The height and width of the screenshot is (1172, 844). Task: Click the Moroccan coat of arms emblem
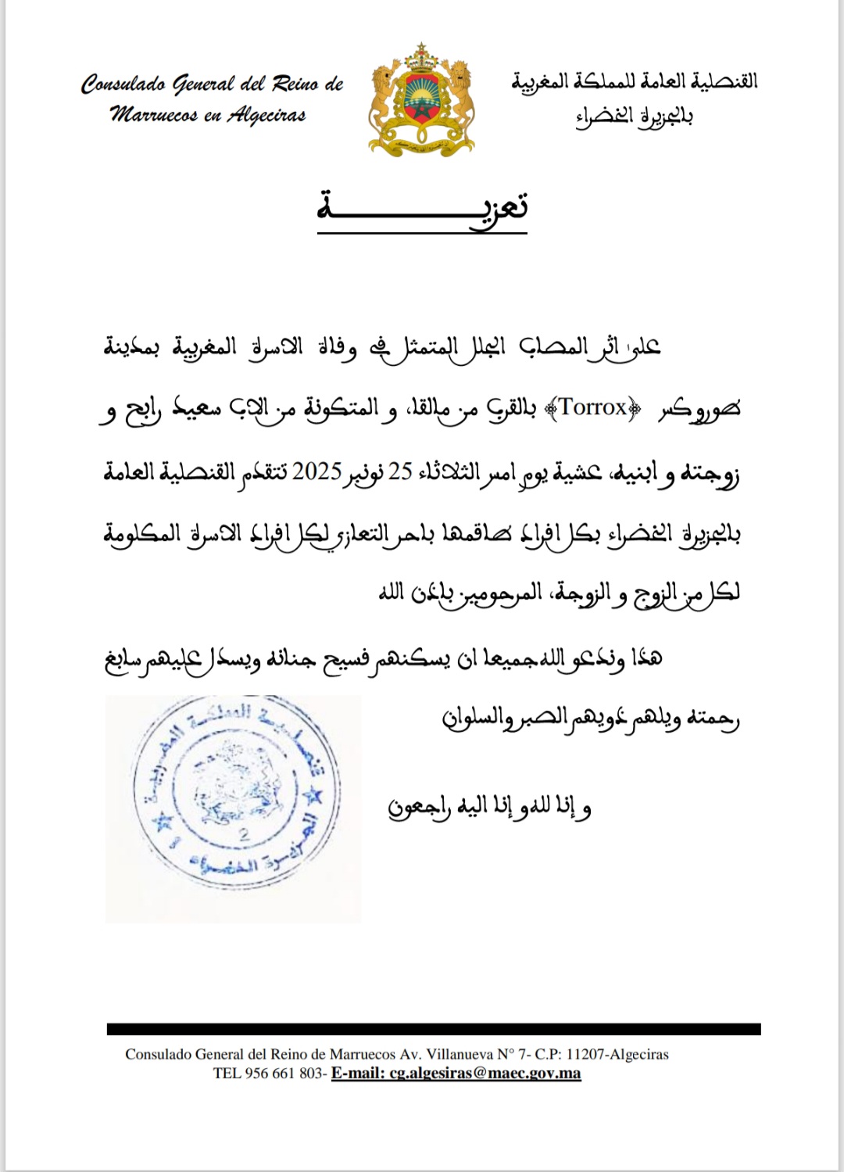pyautogui.click(x=421, y=101)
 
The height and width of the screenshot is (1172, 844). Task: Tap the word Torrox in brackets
pyautogui.click(x=593, y=407)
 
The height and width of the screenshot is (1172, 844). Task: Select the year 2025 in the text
pyautogui.click(x=317, y=471)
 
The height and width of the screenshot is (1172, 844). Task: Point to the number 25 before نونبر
pyautogui.click(x=400, y=471)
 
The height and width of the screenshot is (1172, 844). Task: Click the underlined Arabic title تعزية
pyautogui.click(x=422, y=208)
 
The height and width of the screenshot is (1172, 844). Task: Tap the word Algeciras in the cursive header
pyautogui.click(x=266, y=116)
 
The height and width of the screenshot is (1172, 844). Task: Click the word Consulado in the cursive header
pyautogui.click(x=123, y=84)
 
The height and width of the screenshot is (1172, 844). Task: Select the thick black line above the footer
pyautogui.click(x=434, y=1029)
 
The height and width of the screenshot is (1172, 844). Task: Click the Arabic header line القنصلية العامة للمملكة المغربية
pyautogui.click(x=635, y=81)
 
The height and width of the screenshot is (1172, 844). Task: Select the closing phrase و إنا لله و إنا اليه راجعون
pyautogui.click(x=490, y=807)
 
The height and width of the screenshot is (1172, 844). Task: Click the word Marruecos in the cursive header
pyautogui.click(x=154, y=116)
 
